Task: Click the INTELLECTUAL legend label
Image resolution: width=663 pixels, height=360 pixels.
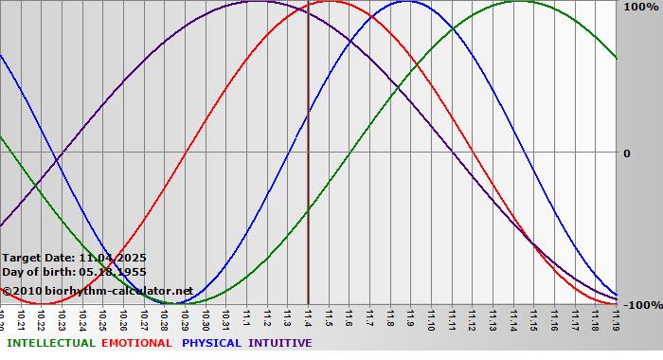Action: coord(50,343)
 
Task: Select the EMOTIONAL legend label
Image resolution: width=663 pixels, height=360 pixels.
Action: coord(136,343)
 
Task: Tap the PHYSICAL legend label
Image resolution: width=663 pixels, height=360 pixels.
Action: coord(212,343)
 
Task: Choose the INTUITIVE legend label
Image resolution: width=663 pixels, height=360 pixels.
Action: coord(280,343)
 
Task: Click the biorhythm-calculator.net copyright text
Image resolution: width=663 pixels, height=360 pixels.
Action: coord(98,291)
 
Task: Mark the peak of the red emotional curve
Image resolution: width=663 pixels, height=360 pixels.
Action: coord(331,2)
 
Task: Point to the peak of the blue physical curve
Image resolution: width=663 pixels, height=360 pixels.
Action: coord(405,2)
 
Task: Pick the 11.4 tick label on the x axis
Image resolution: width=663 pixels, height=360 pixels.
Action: coord(308,315)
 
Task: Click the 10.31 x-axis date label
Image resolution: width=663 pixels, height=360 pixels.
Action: coord(225,316)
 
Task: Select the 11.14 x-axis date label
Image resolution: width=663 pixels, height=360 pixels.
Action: coord(513,316)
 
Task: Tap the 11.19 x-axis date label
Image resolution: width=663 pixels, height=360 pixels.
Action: coord(616,316)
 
